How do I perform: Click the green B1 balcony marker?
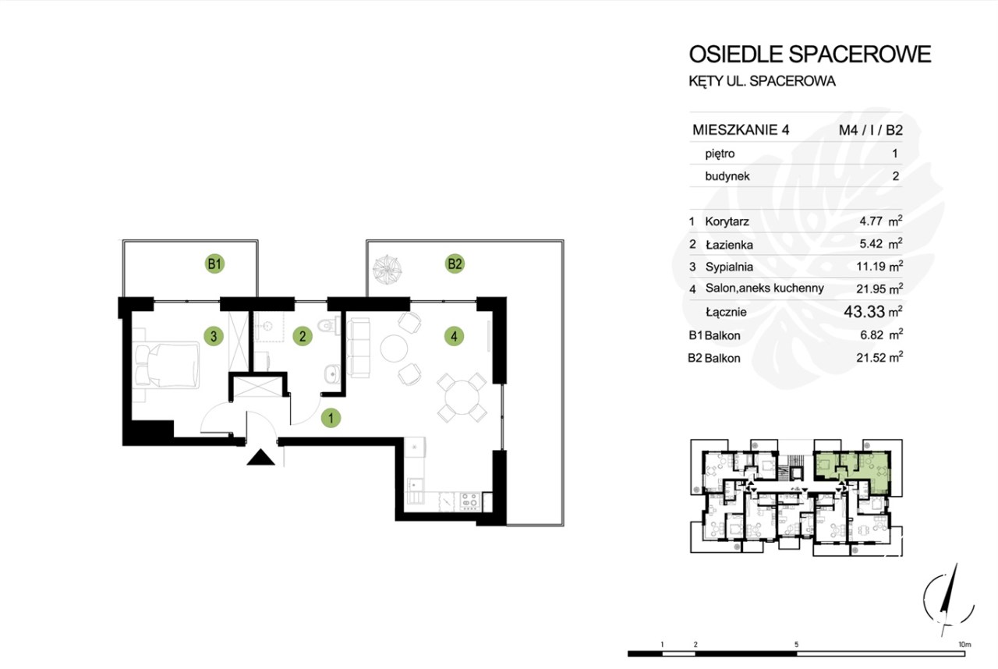pos(214,264)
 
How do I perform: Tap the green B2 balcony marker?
pos(455,264)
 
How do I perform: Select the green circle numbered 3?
pos(214,336)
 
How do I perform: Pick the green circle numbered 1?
pos(331,418)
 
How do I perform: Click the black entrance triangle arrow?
pos(260,458)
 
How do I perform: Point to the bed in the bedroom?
pos(166,365)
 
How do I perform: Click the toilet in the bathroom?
pos(330,324)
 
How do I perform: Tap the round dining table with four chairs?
pos(462,398)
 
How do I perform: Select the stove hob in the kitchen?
pos(470,501)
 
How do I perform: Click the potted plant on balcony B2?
pos(388,270)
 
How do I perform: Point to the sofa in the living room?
pos(358,348)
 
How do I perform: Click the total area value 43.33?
pos(864,312)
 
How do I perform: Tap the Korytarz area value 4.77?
pos(871,221)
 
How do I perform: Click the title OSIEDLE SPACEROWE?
pos(810,54)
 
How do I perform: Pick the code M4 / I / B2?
pos(871,130)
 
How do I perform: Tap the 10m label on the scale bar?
pos(964,645)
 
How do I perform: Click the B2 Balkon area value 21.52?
pos(871,358)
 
